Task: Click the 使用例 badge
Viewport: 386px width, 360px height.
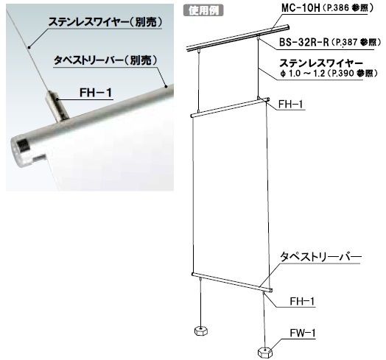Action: (203, 10)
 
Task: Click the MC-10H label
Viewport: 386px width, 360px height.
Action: (301, 8)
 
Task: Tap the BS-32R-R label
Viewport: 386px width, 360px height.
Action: (303, 42)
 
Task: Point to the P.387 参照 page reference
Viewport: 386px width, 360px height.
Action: (357, 43)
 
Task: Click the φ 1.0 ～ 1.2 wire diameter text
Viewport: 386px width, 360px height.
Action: (303, 74)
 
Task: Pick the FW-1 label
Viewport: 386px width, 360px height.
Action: (302, 333)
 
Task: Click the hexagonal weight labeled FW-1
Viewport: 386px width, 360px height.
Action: (265, 352)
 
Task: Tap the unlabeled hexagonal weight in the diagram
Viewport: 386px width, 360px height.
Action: (201, 331)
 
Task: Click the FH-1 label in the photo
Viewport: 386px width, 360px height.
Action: (96, 93)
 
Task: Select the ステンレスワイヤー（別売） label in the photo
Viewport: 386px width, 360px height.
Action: (105, 22)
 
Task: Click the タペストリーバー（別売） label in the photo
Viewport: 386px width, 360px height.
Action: (105, 60)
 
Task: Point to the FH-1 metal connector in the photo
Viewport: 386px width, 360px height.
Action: (57, 106)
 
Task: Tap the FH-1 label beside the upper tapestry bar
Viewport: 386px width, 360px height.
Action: (291, 104)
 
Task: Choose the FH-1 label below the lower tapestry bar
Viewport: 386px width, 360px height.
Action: (302, 301)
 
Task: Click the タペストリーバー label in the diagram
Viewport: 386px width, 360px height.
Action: (320, 257)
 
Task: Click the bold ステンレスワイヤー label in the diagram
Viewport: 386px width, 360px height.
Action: (321, 63)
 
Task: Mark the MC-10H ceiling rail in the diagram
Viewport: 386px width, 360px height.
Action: (238, 38)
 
